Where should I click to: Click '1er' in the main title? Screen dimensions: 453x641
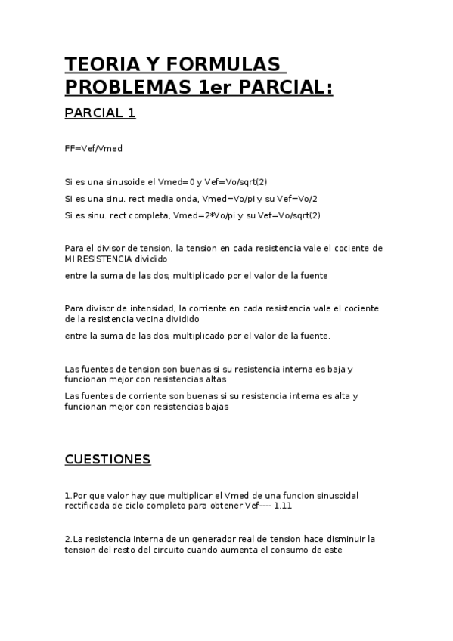(x=214, y=87)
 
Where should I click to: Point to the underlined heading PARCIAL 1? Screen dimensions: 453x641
(x=100, y=113)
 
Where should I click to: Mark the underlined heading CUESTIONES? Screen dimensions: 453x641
(x=107, y=460)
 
